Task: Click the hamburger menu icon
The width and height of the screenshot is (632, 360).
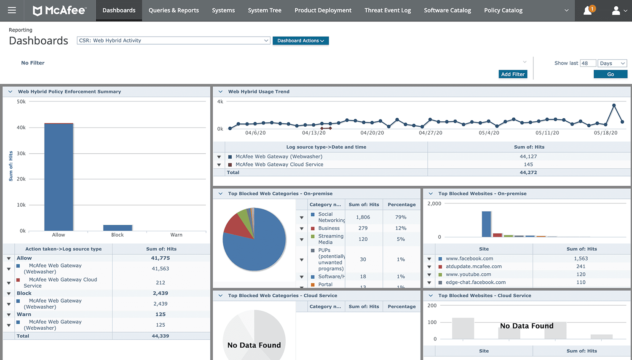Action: pyautogui.click(x=12, y=10)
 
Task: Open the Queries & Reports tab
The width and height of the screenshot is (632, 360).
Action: pyautogui.click(x=174, y=10)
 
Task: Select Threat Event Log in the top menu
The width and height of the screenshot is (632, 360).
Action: pyautogui.click(x=388, y=10)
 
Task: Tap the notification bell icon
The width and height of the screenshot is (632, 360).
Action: pyautogui.click(x=588, y=11)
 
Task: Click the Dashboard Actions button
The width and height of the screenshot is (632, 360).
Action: pyautogui.click(x=300, y=41)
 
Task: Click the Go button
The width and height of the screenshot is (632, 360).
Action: pyautogui.click(x=611, y=74)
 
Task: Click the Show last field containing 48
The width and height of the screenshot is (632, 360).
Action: pyautogui.click(x=588, y=63)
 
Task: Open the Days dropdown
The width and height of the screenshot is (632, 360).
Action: pyautogui.click(x=612, y=63)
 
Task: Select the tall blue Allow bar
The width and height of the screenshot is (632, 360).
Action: pyautogui.click(x=59, y=177)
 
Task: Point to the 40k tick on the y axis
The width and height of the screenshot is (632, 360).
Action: pyautogui.click(x=21, y=128)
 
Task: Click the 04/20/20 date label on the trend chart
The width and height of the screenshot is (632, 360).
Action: pyautogui.click(x=372, y=133)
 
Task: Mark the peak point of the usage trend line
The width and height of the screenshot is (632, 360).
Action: pyautogui.click(x=614, y=105)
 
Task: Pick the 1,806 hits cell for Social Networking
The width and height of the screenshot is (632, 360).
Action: pyautogui.click(x=363, y=217)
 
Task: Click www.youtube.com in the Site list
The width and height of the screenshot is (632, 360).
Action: pyautogui.click(x=468, y=275)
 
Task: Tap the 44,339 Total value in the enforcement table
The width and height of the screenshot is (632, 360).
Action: pyautogui.click(x=161, y=336)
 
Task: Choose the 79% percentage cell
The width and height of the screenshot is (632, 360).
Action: pyautogui.click(x=401, y=217)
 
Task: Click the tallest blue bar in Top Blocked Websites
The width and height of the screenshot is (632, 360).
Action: pyautogui.click(x=486, y=224)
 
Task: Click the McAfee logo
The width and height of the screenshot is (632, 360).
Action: pyautogui.click(x=59, y=11)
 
